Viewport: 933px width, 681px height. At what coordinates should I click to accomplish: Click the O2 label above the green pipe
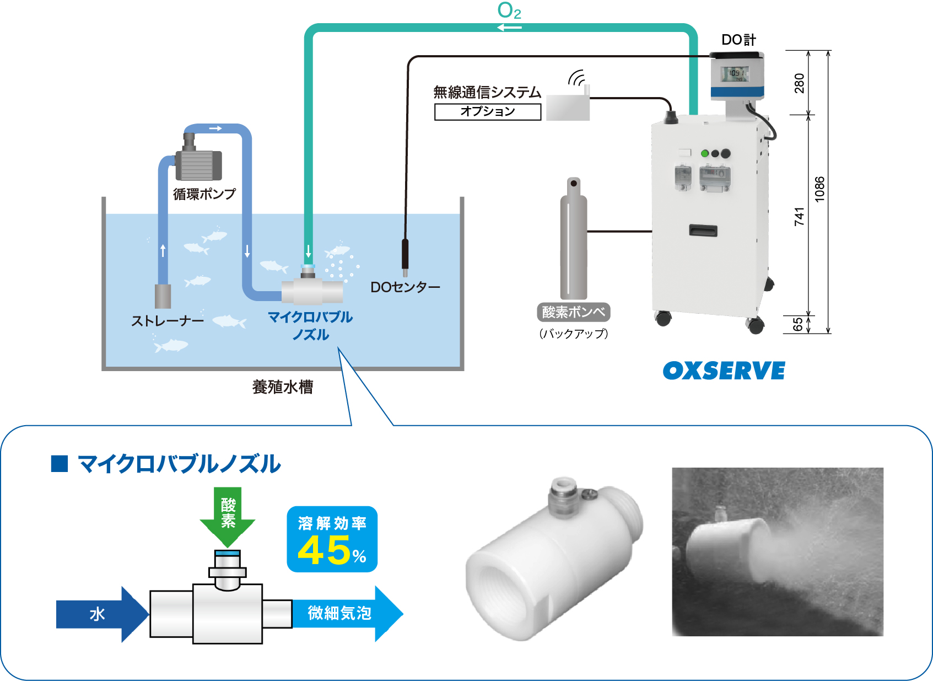509,10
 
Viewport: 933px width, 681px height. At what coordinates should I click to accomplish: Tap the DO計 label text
738,40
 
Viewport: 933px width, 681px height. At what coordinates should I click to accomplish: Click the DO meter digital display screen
736,74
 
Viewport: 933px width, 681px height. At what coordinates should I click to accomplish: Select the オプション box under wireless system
488,111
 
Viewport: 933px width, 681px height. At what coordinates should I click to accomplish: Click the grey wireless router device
568,107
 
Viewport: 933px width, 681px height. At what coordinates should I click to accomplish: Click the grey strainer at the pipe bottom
163,296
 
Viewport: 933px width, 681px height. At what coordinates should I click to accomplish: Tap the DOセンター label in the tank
405,287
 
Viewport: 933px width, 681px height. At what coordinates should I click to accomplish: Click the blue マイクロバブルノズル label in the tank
310,325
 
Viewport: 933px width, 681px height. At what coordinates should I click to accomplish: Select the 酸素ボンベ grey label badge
573,312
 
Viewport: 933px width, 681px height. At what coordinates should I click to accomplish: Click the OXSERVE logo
724,371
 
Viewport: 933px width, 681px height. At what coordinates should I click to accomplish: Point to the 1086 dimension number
819,189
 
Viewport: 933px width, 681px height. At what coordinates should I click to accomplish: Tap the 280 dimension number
799,83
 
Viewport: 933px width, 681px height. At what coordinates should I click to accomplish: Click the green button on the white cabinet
704,153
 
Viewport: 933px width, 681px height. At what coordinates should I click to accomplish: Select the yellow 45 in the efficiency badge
324,550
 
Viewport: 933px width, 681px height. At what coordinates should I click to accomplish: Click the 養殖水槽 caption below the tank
283,387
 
